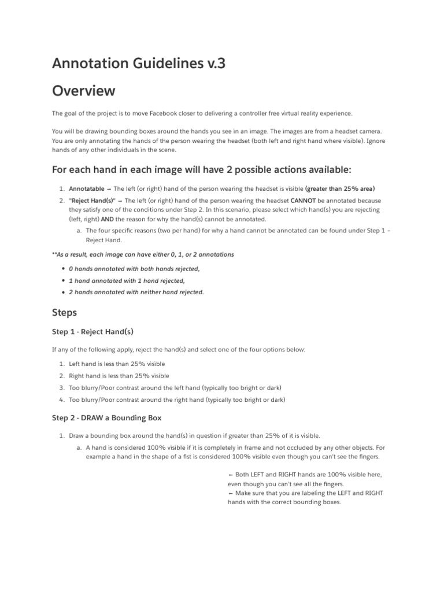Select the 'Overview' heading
coord(83,91)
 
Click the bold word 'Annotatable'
coord(87,188)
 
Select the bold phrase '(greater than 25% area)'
coord(340,188)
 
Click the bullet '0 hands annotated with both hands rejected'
coord(134,269)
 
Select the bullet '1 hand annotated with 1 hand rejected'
coord(127,280)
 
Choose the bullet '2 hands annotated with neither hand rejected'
coord(136,292)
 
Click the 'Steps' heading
coord(65,312)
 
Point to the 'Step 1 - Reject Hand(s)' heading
coord(93,332)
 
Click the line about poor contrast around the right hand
coord(177,399)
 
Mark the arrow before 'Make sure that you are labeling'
coord(231,493)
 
